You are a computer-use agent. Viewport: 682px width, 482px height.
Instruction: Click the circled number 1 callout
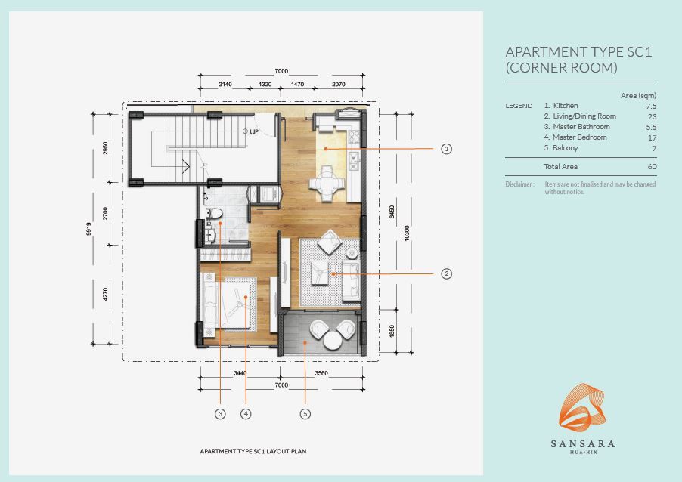[446, 149]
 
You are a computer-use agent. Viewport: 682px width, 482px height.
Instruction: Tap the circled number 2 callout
[446, 273]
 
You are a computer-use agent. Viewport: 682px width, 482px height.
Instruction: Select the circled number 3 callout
[220, 414]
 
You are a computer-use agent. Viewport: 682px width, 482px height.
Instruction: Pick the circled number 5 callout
[305, 414]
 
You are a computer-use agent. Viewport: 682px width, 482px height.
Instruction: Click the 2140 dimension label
[225, 85]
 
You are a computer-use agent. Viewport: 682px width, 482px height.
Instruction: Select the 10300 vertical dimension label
[407, 233]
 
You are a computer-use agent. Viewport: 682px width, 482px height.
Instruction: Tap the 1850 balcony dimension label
[392, 331]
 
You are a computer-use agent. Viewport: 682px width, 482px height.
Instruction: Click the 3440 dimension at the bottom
[240, 373]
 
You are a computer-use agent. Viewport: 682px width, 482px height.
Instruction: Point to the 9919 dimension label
[89, 229]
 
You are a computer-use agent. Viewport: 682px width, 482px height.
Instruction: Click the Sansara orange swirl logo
[582, 407]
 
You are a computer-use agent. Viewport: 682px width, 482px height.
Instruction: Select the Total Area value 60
[652, 166]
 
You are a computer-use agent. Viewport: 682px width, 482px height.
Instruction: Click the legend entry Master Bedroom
[579, 137]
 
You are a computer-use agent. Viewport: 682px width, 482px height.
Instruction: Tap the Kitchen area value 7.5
[651, 106]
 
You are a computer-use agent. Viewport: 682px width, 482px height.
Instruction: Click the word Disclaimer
[519, 184]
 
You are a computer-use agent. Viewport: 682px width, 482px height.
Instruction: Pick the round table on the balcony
[332, 340]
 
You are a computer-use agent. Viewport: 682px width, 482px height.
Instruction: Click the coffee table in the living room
[320, 273]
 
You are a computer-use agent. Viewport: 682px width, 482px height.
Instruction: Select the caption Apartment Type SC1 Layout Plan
[253, 451]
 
